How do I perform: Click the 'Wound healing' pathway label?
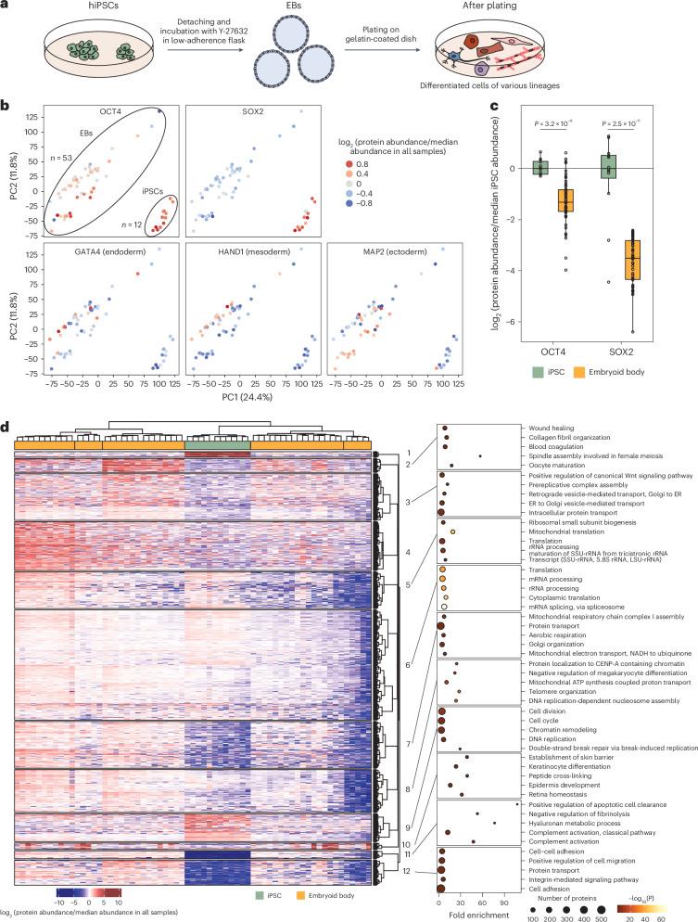555,429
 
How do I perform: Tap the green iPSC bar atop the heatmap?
217,446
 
